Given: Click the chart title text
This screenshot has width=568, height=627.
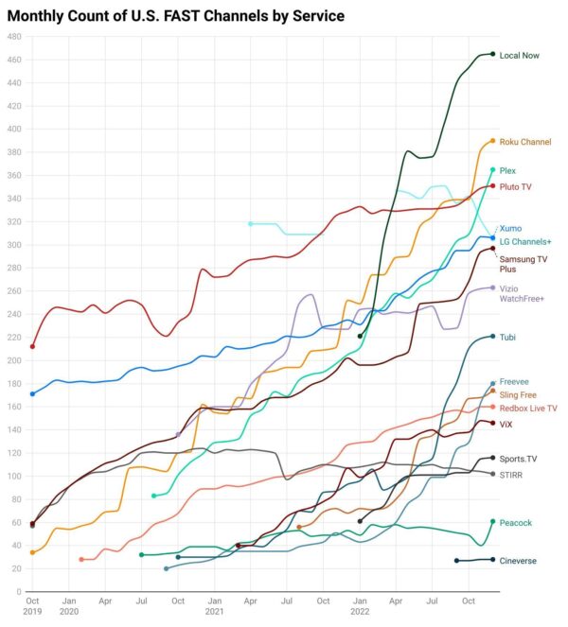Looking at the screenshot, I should [176, 16].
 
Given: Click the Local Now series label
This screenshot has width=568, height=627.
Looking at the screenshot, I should [519, 55].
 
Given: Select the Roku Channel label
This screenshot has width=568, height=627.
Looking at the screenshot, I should [524, 142].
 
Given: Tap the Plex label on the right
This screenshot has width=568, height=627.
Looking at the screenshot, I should [507, 170].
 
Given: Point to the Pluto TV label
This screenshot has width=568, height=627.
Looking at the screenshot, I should [515, 187].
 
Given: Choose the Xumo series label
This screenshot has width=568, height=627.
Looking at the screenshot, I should [510, 228].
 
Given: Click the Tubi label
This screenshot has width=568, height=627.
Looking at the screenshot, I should [507, 338].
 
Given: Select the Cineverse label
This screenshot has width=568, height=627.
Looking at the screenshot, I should [518, 561].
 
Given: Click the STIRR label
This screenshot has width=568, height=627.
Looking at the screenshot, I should [511, 474].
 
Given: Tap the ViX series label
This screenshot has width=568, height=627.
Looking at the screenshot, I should [506, 425].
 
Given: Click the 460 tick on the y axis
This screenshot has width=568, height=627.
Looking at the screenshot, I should [15, 60].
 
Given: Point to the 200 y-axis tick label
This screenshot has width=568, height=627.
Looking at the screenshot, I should [15, 360].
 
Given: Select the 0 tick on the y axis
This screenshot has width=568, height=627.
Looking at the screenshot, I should [19, 592].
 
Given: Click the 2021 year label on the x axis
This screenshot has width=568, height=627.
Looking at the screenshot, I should [214, 612].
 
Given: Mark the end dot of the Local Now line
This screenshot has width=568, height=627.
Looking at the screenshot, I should [493, 54].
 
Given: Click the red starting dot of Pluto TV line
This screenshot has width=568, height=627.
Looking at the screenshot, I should [33, 346].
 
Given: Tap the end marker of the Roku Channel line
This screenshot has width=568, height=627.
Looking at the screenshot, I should [493, 141].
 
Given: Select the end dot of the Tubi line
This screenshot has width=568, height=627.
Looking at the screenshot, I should [493, 337].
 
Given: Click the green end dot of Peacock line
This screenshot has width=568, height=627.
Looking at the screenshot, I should [493, 521].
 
